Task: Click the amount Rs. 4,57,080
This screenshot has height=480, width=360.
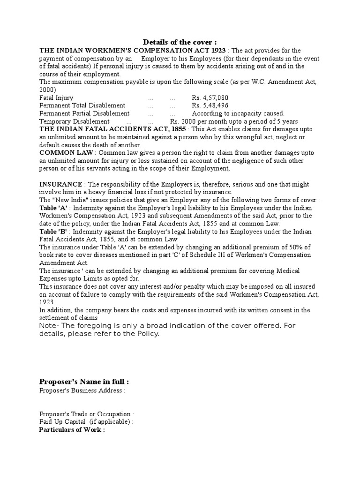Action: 210,97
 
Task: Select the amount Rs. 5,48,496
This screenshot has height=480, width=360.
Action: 210,105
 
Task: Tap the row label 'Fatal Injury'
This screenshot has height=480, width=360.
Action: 56,97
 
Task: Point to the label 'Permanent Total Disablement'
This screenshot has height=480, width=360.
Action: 82,105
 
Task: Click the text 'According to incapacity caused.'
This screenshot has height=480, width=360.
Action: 238,113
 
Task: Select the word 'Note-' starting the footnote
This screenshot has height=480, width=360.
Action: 49,326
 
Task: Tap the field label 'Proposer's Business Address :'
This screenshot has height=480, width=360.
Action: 82,390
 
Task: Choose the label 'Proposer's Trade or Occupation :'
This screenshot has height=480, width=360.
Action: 87,414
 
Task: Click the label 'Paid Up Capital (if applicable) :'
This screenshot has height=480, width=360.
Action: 87,422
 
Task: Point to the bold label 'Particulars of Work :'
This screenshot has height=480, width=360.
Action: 72,429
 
